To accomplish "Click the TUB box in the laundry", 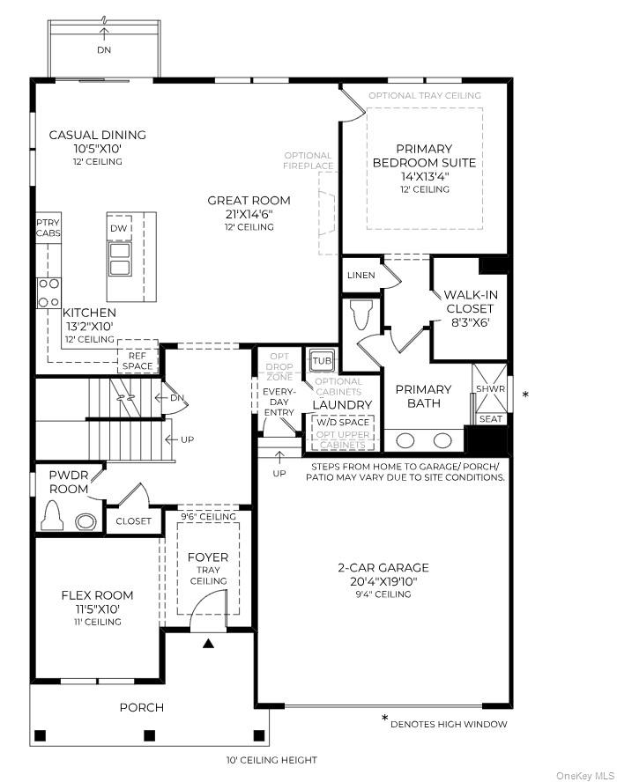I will (319, 361).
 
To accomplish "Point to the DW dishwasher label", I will (119, 228).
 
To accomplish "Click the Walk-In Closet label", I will (469, 302).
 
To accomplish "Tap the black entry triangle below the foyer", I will (208, 645).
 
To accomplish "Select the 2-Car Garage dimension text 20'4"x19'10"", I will (383, 581).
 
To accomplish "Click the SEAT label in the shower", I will (491, 419).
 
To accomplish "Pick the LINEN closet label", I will (361, 276).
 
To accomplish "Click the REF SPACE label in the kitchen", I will (138, 360).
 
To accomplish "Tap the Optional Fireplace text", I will (308, 161).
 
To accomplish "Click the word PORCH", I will (142, 707).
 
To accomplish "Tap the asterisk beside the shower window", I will (526, 395).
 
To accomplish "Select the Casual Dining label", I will (97, 135).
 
